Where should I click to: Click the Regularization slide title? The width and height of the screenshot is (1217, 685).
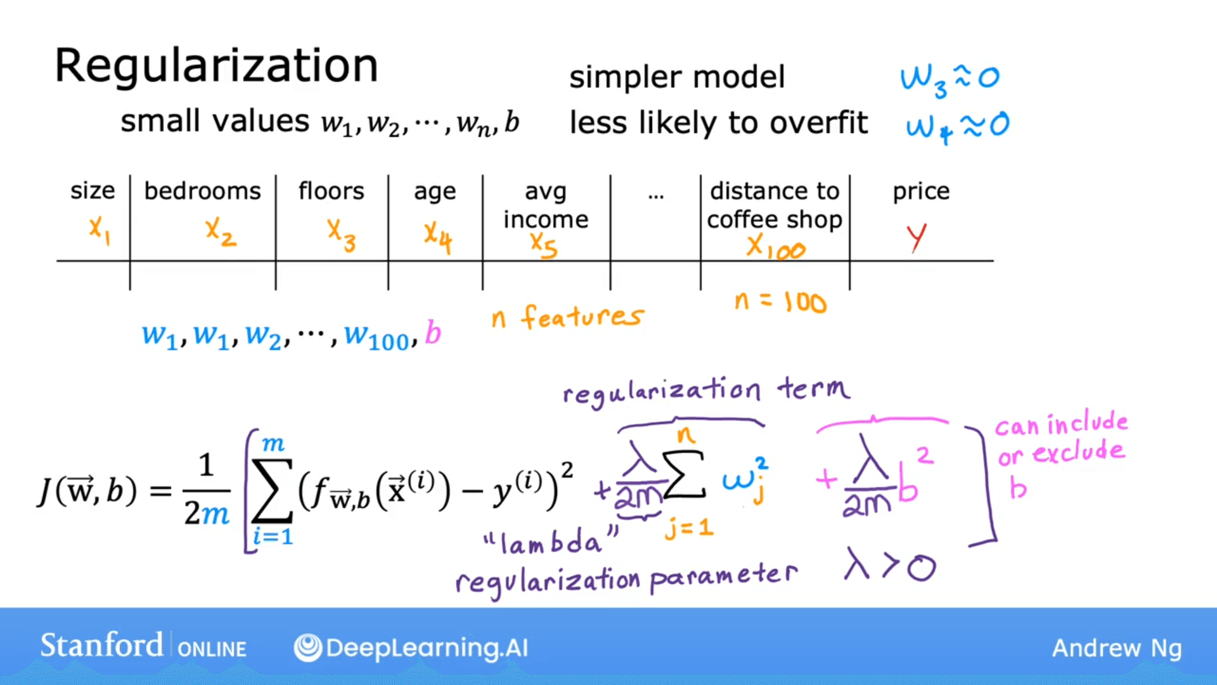(x=216, y=66)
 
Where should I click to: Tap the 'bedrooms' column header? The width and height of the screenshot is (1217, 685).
(x=202, y=191)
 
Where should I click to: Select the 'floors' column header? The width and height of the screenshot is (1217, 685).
(x=331, y=191)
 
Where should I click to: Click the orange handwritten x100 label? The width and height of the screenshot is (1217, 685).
(x=775, y=247)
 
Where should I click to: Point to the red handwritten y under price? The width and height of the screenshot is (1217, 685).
(x=916, y=238)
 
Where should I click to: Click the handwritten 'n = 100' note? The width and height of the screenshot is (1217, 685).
(x=780, y=302)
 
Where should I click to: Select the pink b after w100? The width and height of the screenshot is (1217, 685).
(x=432, y=333)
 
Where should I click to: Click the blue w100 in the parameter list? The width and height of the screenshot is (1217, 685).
(x=377, y=336)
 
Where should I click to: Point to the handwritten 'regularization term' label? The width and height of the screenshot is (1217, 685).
(x=706, y=390)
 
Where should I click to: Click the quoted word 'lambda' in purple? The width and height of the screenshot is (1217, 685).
(x=550, y=542)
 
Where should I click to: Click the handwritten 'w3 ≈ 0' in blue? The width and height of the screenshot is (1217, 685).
(x=949, y=79)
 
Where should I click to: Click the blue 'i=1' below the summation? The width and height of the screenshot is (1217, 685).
(x=273, y=537)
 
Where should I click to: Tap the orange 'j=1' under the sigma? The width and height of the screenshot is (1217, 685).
(x=689, y=528)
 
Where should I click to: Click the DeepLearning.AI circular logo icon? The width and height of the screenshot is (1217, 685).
(x=308, y=648)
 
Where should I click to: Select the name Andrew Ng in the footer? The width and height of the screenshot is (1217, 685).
(x=1116, y=648)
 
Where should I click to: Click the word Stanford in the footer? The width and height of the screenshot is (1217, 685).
(x=101, y=646)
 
